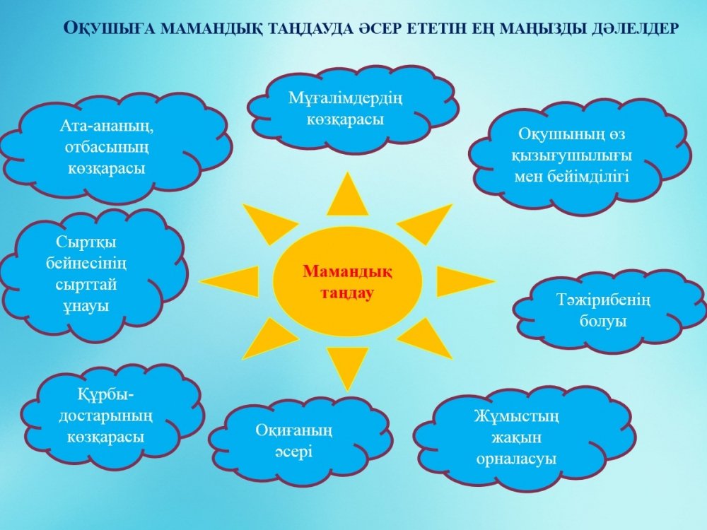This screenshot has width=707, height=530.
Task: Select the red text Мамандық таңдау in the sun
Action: pos(347,282)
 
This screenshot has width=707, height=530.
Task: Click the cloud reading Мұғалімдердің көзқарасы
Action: pos(353,109)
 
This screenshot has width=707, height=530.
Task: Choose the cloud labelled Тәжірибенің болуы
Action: pos(610,311)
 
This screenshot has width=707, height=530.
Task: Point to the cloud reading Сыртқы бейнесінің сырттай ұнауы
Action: pos(93,274)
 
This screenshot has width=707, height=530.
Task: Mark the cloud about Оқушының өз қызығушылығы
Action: pos(580,155)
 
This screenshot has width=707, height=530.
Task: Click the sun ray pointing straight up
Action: pos(347,194)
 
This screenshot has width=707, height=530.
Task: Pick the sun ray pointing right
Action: pos(465,281)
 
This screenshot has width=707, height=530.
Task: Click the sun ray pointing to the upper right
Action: pos(426,224)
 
